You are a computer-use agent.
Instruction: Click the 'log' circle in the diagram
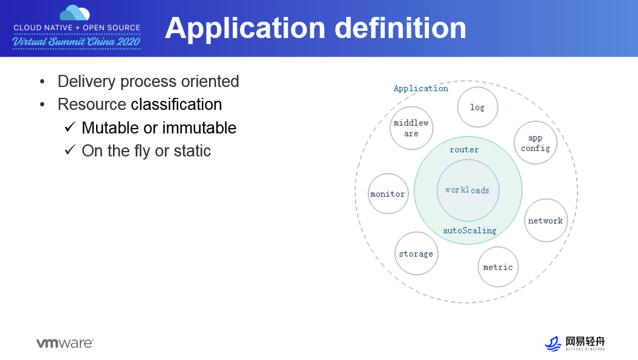tap(477, 107)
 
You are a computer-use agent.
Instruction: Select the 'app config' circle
tap(535, 143)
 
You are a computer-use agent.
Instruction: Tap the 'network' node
tap(546, 220)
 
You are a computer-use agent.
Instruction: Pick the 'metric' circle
tap(498, 267)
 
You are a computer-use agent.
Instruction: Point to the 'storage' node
tap(416, 254)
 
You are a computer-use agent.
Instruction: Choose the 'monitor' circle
tap(388, 194)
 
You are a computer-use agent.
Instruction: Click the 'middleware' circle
tap(411, 128)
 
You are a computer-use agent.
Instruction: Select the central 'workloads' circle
tap(468, 190)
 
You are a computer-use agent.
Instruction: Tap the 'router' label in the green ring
tap(464, 150)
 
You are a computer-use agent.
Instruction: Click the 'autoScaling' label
tap(469, 230)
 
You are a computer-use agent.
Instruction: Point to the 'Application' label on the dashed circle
tap(421, 88)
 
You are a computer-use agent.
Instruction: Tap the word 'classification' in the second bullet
tap(176, 104)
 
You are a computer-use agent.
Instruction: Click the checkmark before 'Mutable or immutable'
tap(70, 127)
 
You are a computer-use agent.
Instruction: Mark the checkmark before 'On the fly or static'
tap(70, 150)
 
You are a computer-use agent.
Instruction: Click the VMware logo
tap(65, 343)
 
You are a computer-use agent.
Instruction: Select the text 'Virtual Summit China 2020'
tap(77, 41)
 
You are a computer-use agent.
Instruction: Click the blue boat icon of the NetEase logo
tap(553, 343)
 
